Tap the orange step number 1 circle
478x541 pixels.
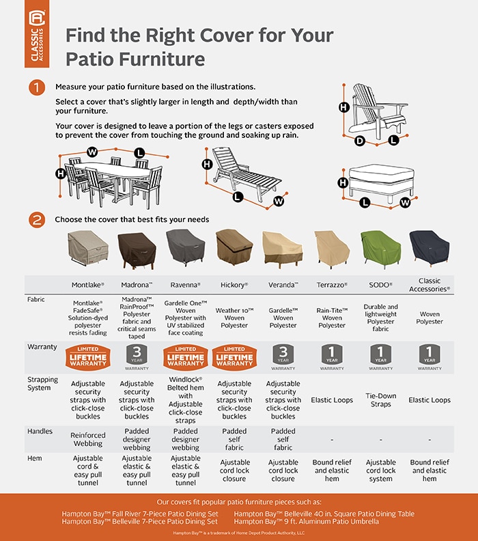coord(36,88)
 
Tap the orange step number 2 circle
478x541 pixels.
coord(36,219)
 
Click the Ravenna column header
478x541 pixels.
coord(185,284)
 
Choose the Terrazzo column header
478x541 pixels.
coord(332,284)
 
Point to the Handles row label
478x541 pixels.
coord(40,432)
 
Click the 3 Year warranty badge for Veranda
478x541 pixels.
coord(283,357)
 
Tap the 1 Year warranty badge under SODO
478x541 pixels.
coord(380,357)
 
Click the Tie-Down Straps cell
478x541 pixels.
coord(380,400)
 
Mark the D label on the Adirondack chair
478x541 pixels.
coord(359,141)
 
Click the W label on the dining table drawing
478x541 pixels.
coord(92,151)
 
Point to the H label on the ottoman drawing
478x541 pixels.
coord(342,182)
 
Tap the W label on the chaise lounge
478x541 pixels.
coord(278,201)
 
